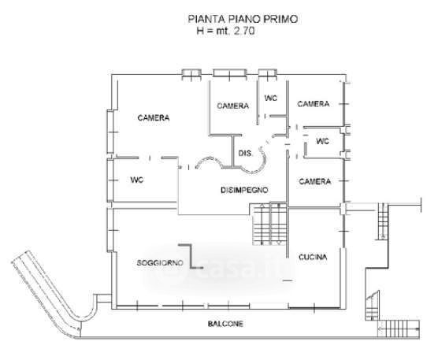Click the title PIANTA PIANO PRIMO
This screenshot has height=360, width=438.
click(x=243, y=19)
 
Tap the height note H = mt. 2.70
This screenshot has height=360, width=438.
click(x=226, y=31)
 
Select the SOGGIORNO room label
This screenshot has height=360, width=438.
click(x=160, y=263)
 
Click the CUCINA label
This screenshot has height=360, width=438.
click(x=313, y=257)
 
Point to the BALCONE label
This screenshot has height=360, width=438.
click(x=225, y=324)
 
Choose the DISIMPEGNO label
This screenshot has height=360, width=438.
click(x=244, y=190)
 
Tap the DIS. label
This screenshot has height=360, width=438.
click(x=245, y=154)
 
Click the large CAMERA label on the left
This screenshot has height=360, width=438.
click(x=154, y=118)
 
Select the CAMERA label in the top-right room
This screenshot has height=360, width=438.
click(x=313, y=104)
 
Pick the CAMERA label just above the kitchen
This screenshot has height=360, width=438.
click(x=315, y=181)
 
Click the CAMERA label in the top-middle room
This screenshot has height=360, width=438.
click(x=232, y=106)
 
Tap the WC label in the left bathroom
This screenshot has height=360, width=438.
click(x=137, y=180)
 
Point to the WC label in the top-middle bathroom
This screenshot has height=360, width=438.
click(x=271, y=98)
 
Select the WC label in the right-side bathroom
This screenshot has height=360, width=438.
click(x=323, y=141)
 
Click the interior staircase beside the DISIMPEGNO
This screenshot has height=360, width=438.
click(x=270, y=225)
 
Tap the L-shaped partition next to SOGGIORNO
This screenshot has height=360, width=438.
click(x=191, y=256)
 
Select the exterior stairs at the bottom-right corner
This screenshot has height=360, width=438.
click(x=398, y=328)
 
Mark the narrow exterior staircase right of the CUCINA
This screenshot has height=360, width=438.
click(x=383, y=221)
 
